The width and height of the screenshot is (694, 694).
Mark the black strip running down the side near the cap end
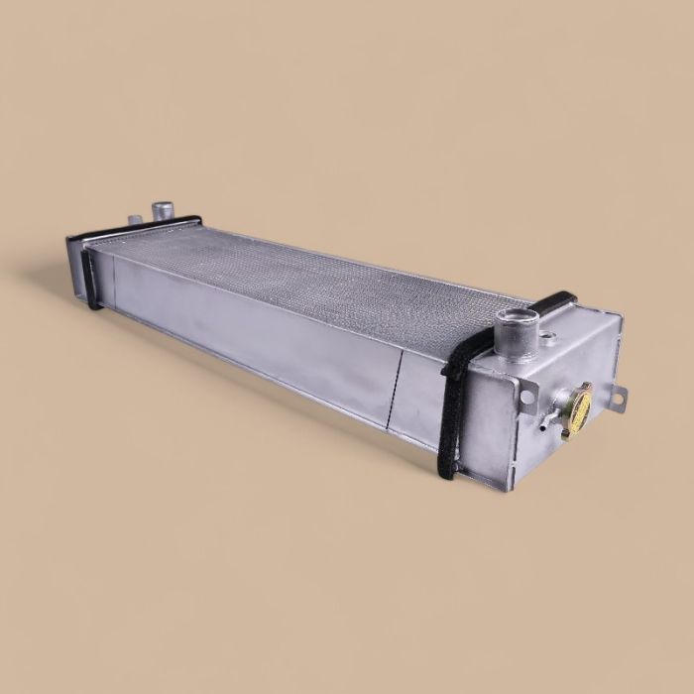coord(451,416)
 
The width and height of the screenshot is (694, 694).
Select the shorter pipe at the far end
coord(135,219)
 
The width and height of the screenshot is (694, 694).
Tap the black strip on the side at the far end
coord(90,278)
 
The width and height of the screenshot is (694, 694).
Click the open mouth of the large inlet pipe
coord(518,318)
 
